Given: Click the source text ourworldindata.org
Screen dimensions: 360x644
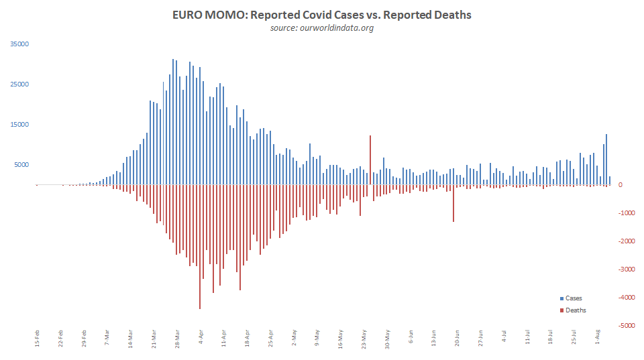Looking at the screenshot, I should click(x=321, y=27).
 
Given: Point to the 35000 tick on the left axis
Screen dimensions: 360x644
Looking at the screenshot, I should click(x=19, y=44).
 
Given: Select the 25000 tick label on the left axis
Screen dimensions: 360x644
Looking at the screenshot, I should click(x=19, y=84).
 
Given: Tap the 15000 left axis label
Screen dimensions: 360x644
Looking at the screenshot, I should click(x=19, y=125).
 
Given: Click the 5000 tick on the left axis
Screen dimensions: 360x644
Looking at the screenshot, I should click(x=21, y=165).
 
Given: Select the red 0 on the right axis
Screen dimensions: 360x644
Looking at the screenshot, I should click(x=621, y=185).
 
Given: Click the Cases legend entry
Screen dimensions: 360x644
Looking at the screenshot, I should click(x=574, y=298).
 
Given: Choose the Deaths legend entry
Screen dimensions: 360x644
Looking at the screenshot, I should click(x=576, y=310).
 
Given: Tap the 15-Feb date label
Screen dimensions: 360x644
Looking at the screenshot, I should click(x=37, y=338).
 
